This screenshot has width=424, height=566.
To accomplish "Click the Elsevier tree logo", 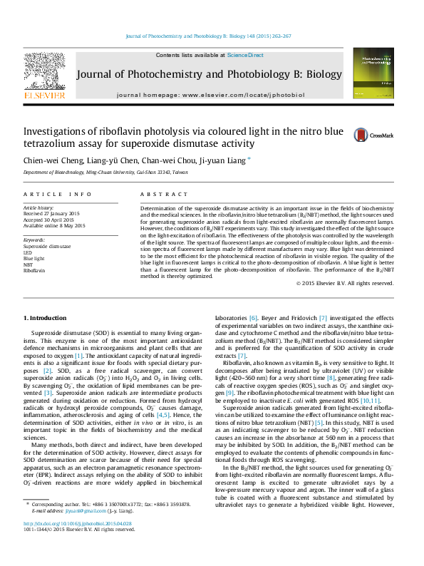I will (45, 71).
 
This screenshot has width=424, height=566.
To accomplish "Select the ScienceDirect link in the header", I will (246, 55).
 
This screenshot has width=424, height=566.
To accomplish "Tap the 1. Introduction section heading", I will (46, 317).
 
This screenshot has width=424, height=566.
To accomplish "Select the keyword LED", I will (28, 252).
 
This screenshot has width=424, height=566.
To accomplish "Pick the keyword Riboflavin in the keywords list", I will (34, 271).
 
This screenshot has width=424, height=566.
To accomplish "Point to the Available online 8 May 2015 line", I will (54, 225).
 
